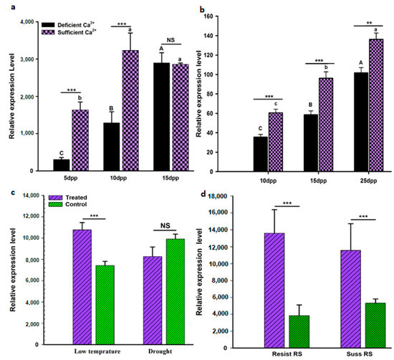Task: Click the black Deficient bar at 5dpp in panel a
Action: [62, 165]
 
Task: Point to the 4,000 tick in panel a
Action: [31, 22]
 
